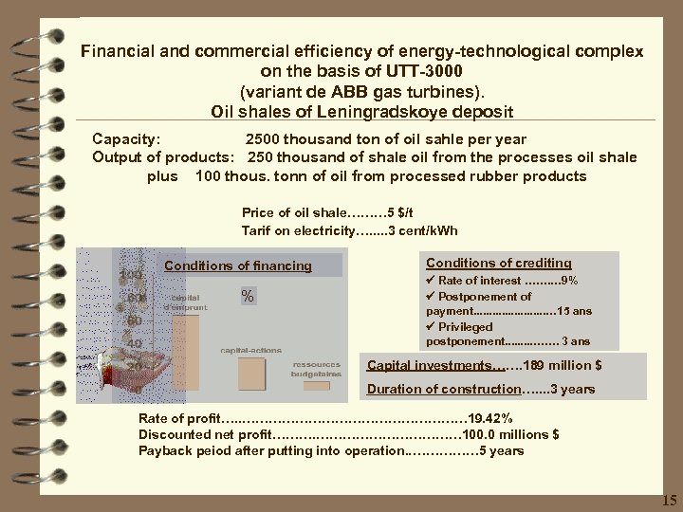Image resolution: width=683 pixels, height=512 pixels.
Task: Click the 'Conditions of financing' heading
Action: tap(237, 265)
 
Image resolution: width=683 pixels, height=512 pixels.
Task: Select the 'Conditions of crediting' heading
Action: tap(498, 263)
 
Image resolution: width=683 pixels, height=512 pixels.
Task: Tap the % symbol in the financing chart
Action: tap(248, 297)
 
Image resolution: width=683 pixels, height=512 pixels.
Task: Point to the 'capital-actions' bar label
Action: tap(250, 350)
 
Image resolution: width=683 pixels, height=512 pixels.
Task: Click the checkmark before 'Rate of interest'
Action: tap(431, 281)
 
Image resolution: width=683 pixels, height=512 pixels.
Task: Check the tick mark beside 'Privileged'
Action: tap(431, 326)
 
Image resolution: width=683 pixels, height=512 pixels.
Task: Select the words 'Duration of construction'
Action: tap(443, 390)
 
